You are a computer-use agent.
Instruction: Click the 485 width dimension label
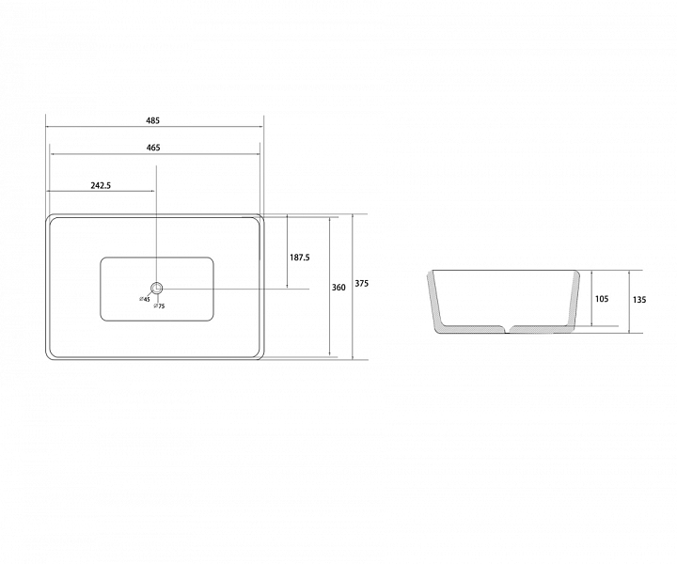(153, 120)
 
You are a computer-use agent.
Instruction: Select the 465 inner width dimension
(153, 148)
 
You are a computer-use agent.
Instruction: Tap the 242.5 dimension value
(101, 185)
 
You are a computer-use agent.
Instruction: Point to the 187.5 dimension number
(300, 258)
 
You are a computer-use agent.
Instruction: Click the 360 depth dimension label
(338, 288)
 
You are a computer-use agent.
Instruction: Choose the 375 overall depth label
(362, 284)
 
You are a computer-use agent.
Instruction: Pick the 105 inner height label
(602, 299)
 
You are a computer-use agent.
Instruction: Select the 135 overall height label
(639, 300)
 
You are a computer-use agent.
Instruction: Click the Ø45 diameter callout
(144, 299)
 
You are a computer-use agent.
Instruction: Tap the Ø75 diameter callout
(159, 306)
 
